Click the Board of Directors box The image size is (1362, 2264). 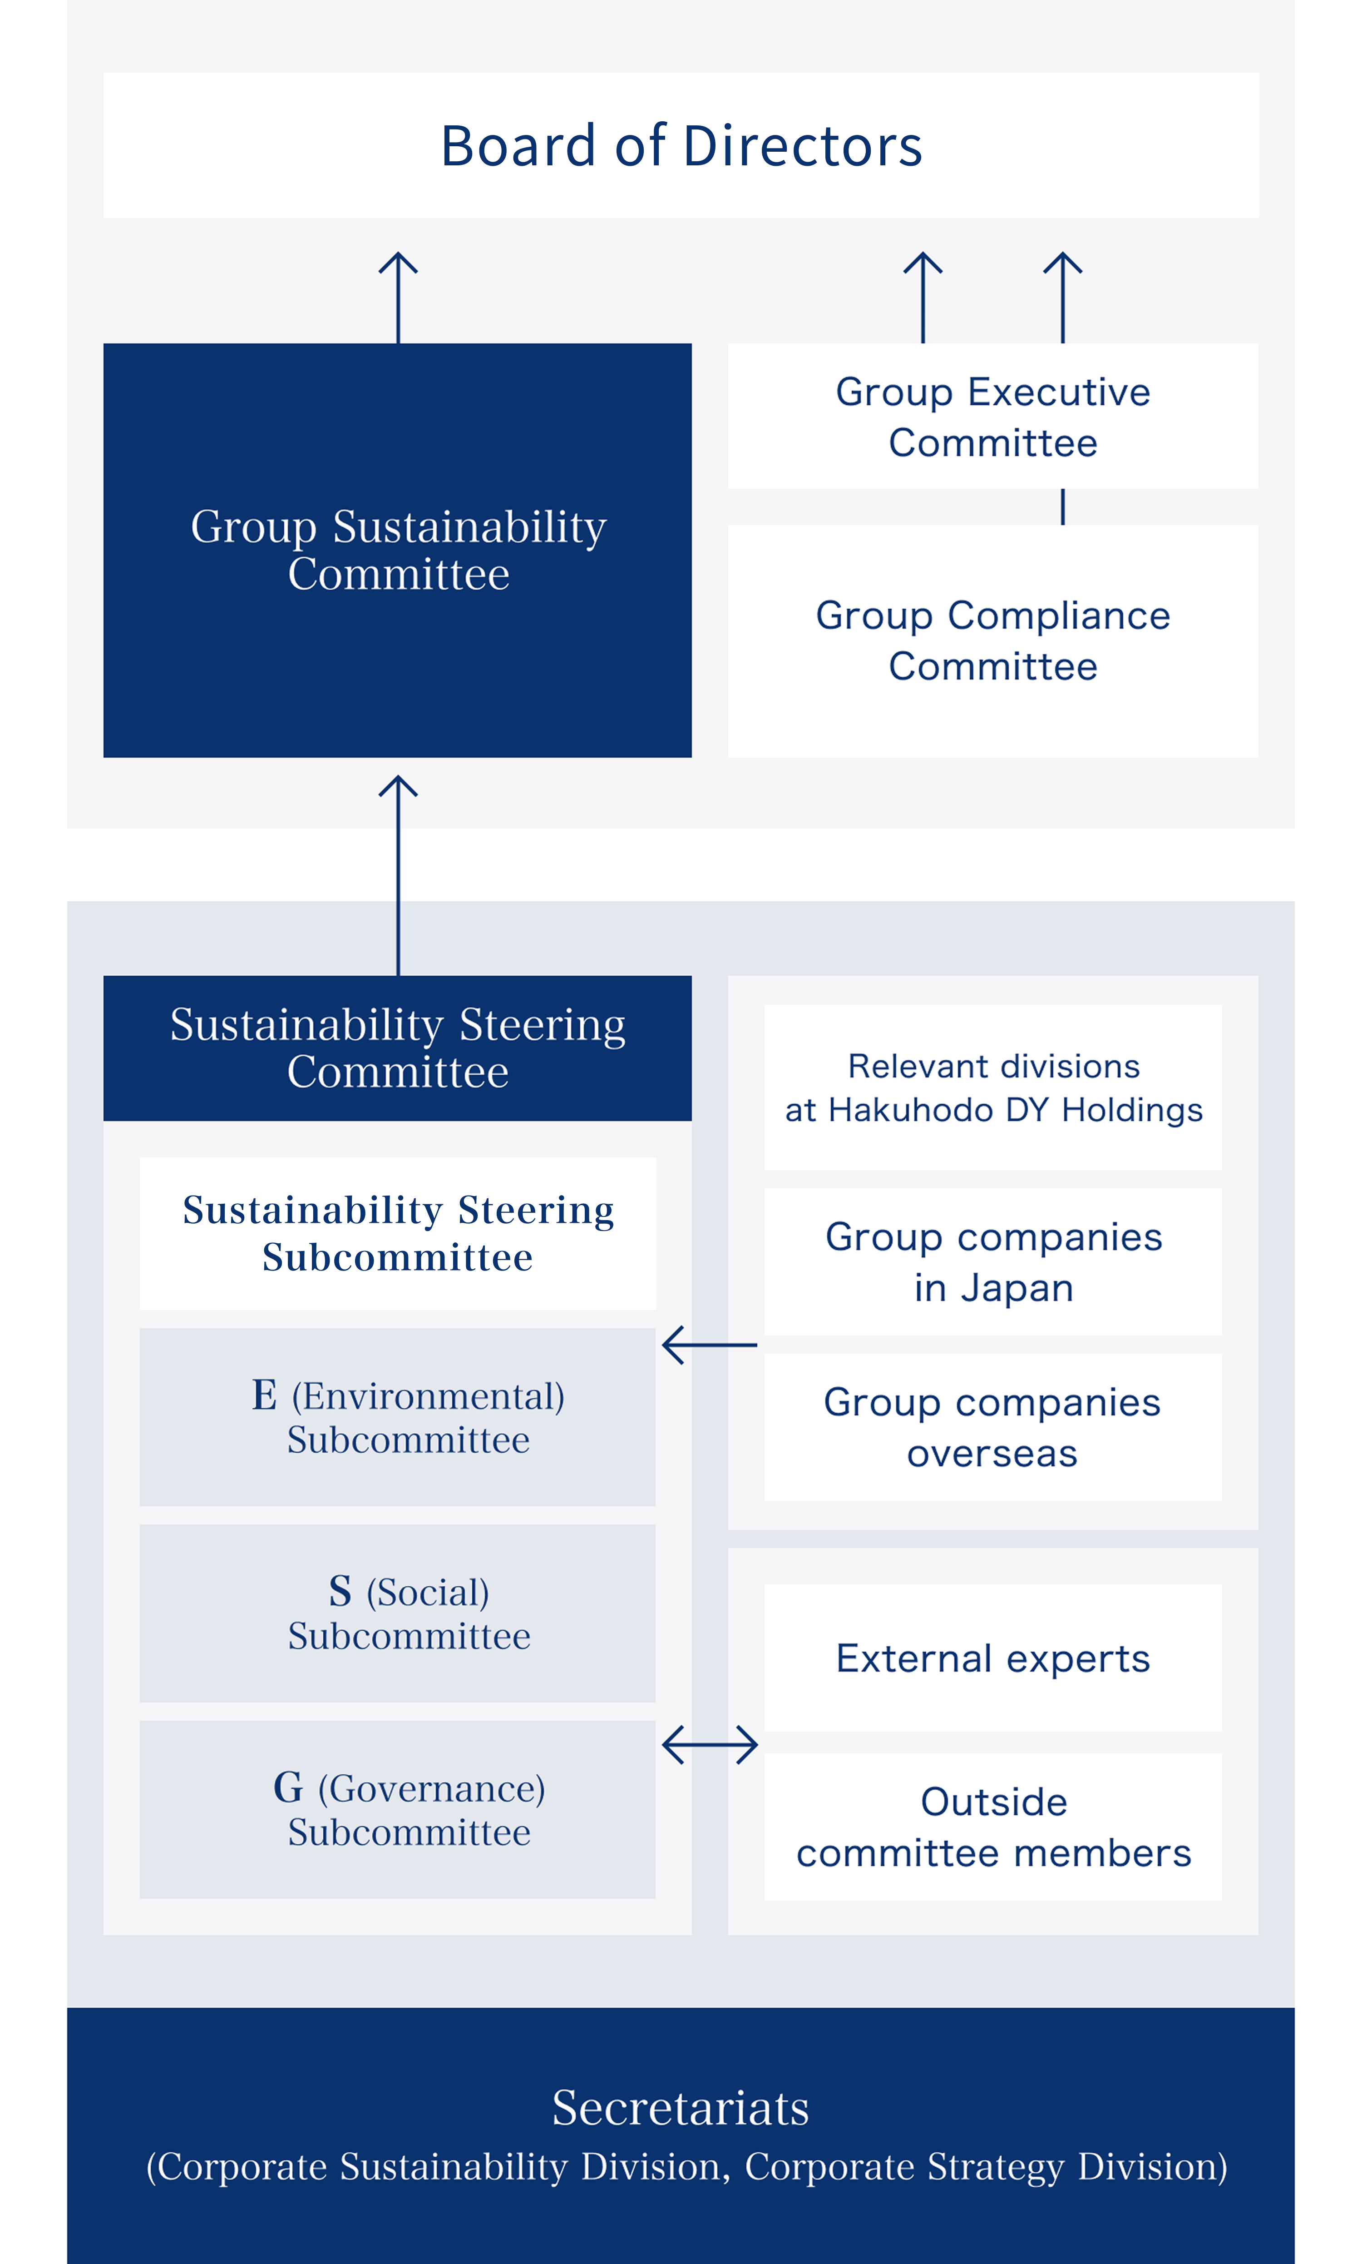click(x=681, y=145)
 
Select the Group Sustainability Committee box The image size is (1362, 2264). click(x=397, y=550)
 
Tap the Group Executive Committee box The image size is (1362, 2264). click(x=993, y=416)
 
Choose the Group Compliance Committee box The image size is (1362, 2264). click(x=993, y=641)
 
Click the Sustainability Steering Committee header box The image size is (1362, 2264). click(x=397, y=1048)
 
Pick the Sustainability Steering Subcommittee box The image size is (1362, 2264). click(x=397, y=1233)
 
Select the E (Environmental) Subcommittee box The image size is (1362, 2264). click(x=397, y=1417)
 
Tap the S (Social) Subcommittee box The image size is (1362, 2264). click(x=397, y=1613)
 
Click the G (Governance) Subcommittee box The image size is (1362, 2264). click(x=397, y=1810)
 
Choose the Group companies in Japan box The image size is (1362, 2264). click(x=993, y=1261)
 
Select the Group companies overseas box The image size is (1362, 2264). click(x=993, y=1427)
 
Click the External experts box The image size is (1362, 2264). click(x=993, y=1658)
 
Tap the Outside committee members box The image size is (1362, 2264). click(x=993, y=1827)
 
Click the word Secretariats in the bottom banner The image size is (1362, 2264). click(x=681, y=2107)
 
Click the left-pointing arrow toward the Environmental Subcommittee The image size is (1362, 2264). click(x=710, y=1345)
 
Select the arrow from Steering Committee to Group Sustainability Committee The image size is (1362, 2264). click(x=398, y=875)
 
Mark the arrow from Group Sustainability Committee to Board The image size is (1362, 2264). click(x=398, y=298)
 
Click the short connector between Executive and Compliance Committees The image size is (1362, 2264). click(x=1063, y=507)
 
